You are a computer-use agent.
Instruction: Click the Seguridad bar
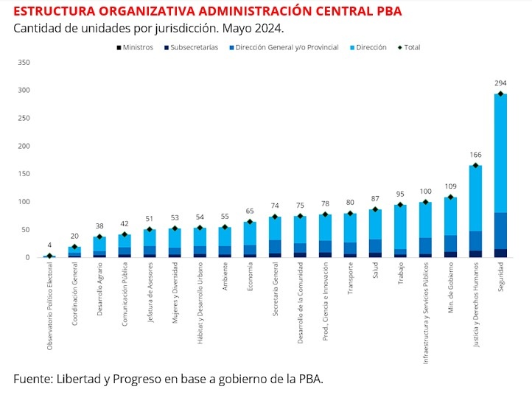(x=500, y=175)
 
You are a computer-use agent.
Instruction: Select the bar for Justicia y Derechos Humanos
(x=475, y=212)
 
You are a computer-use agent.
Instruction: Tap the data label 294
(x=500, y=83)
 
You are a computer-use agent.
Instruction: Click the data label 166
(x=475, y=155)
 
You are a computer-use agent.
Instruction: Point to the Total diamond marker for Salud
(x=375, y=209)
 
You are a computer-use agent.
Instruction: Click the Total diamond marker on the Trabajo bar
(x=400, y=205)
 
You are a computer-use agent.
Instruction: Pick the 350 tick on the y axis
(x=24, y=63)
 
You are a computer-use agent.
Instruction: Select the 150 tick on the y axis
(x=24, y=174)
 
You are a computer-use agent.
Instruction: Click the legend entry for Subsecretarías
(x=192, y=47)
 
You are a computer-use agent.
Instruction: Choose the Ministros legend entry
(x=135, y=47)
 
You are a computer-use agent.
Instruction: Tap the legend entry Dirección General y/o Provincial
(x=284, y=47)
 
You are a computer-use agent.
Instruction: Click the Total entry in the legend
(x=409, y=47)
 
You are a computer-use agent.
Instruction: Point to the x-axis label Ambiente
(x=225, y=276)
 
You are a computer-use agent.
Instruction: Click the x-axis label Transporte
(x=350, y=279)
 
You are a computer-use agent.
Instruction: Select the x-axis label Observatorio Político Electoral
(x=49, y=306)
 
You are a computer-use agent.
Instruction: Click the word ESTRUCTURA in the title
(x=55, y=11)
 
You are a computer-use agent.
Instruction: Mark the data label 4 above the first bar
(x=49, y=245)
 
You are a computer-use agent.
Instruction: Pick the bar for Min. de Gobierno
(x=450, y=228)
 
